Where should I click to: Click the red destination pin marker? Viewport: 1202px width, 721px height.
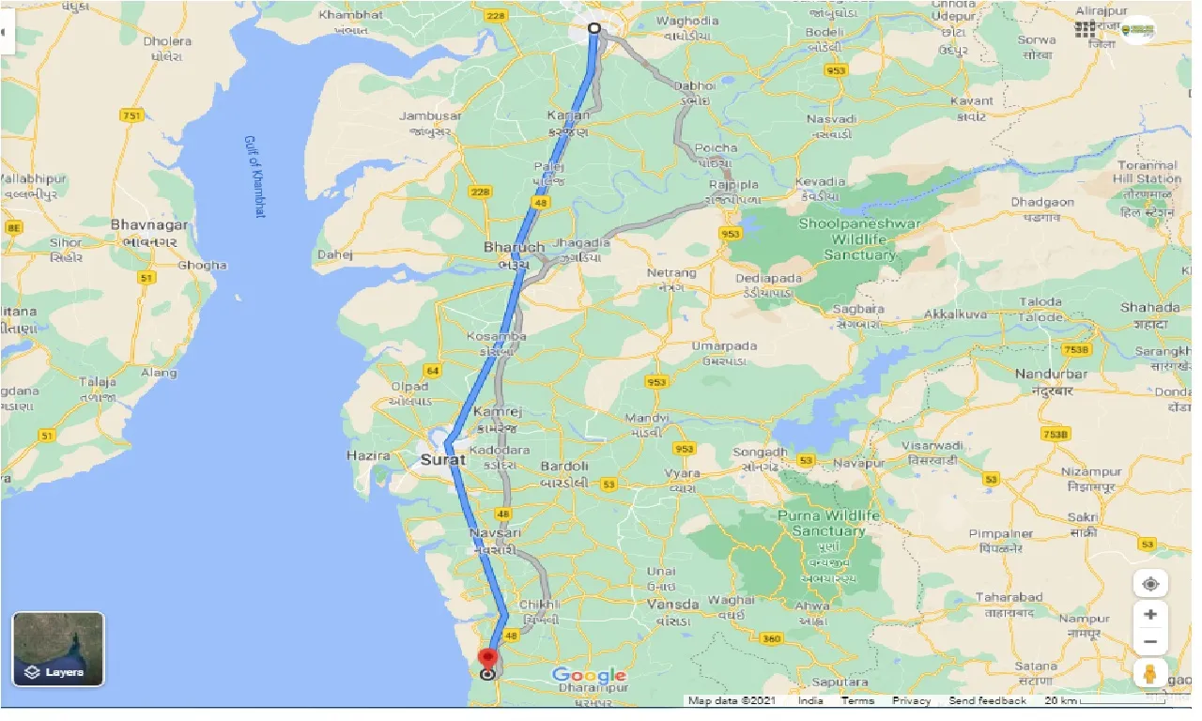click(487, 657)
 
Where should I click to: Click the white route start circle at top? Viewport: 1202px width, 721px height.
click(593, 27)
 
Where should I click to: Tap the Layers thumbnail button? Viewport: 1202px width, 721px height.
click(58, 649)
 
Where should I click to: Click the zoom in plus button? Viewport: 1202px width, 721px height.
click(1150, 614)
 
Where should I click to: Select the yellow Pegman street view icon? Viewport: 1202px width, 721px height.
click(1150, 673)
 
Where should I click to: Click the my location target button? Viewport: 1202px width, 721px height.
click(1150, 583)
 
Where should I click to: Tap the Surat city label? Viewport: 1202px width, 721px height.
click(443, 460)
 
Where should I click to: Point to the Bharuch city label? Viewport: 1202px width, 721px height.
click(514, 248)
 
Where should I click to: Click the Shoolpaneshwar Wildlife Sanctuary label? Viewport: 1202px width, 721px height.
click(859, 239)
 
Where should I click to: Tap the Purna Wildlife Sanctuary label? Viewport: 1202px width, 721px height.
click(828, 523)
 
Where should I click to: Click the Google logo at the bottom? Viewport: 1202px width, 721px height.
click(589, 675)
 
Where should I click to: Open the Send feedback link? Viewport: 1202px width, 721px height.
click(987, 701)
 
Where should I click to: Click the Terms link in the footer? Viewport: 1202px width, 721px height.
click(856, 701)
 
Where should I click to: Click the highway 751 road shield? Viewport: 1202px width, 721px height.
click(132, 115)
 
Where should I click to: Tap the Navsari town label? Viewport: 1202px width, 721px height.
click(494, 533)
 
